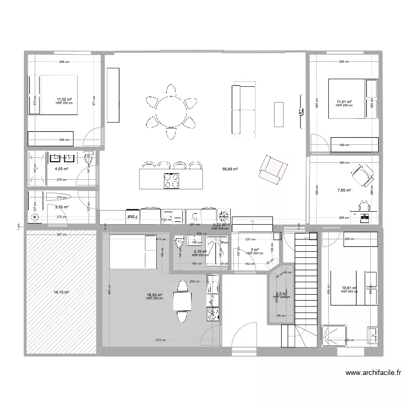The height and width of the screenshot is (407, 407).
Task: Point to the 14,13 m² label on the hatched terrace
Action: coord(61,292)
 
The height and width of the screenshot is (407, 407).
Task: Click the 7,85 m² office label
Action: coord(344,190)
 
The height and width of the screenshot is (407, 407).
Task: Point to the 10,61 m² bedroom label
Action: coord(349,288)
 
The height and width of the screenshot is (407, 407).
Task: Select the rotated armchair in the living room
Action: coord(270,168)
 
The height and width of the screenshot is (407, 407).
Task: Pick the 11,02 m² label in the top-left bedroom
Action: coord(64,99)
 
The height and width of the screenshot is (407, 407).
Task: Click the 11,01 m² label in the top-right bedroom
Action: coord(344,101)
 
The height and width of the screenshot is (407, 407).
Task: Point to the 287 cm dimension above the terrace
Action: coord(62,234)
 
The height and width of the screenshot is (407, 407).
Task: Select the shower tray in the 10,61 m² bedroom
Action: coord(332,335)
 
